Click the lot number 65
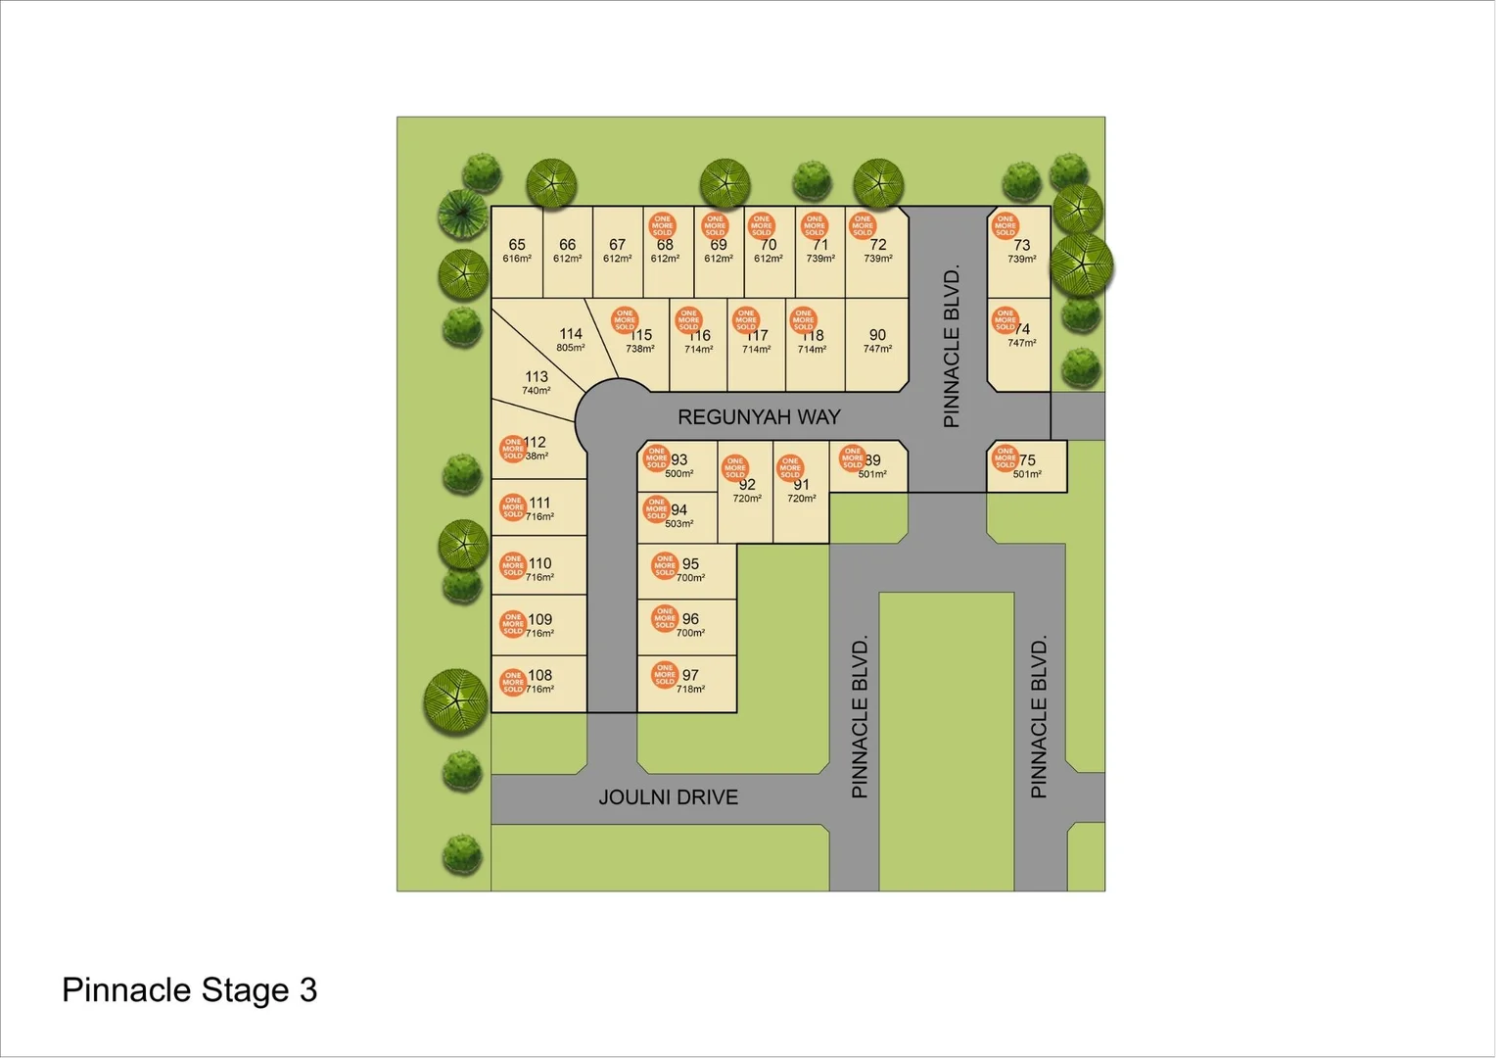point(517,245)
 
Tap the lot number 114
point(571,334)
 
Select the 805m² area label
point(571,348)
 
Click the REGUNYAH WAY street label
point(759,417)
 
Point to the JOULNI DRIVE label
point(668,797)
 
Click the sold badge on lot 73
point(1005,226)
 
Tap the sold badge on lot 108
point(513,682)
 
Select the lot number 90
point(877,335)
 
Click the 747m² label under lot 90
point(877,349)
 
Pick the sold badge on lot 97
point(665,674)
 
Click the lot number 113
point(537,377)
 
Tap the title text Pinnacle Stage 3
point(190,990)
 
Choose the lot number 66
point(568,245)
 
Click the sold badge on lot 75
point(1005,457)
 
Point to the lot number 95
point(691,564)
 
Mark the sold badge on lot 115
point(625,320)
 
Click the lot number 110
point(540,564)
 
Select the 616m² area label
point(517,259)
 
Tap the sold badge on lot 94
point(657,508)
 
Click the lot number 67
point(617,245)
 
